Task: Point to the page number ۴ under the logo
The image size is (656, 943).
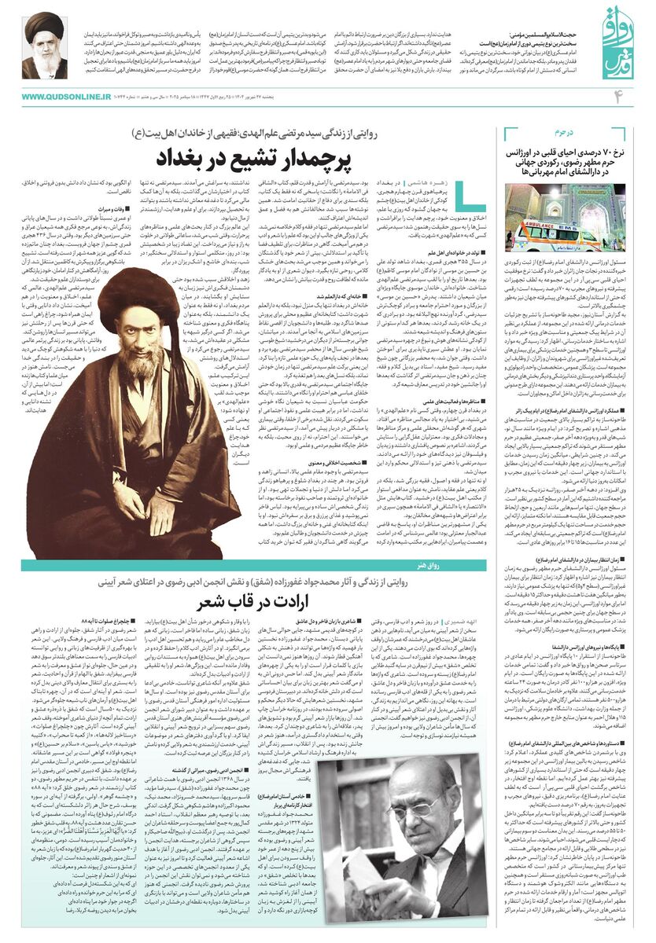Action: pos(618,96)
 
